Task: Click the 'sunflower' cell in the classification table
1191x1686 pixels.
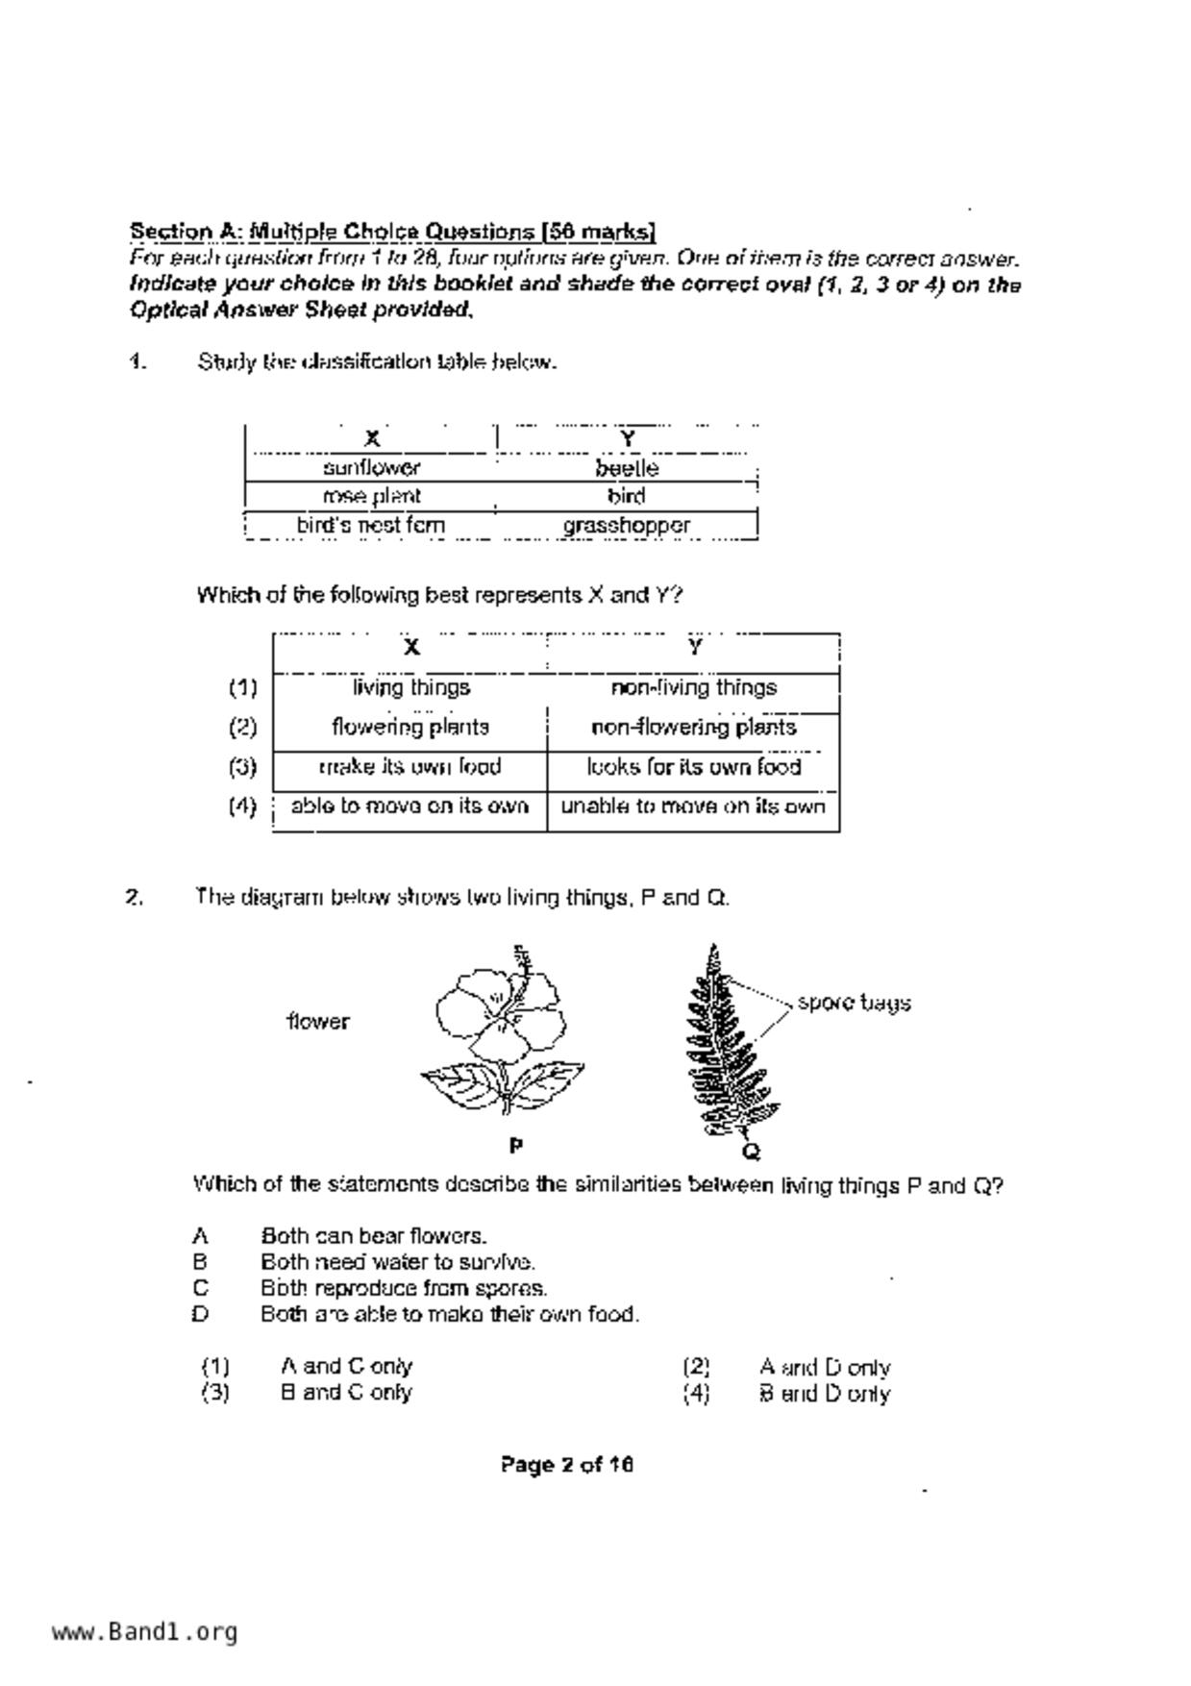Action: (x=371, y=468)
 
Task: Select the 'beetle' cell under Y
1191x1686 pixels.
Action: (x=627, y=468)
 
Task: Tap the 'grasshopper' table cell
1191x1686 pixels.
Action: (x=627, y=526)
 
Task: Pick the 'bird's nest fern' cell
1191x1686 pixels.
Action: (x=371, y=526)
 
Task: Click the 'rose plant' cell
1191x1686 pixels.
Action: (x=371, y=497)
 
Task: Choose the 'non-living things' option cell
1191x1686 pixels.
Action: (x=693, y=688)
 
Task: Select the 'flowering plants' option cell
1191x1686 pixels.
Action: (x=410, y=728)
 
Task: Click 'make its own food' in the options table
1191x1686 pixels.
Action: (x=410, y=767)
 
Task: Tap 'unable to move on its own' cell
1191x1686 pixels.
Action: (x=693, y=806)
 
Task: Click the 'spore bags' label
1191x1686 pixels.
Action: (x=854, y=1004)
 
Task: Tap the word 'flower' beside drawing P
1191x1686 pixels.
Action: (x=318, y=1022)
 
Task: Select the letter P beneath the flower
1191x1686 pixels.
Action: (x=516, y=1146)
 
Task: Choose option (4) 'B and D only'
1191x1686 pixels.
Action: (x=824, y=1394)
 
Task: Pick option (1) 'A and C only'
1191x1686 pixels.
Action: (x=346, y=1367)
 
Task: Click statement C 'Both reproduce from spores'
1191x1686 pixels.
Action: (x=404, y=1288)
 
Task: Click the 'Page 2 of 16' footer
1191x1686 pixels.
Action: (x=566, y=1465)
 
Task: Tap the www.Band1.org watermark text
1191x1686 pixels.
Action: (x=144, y=1632)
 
